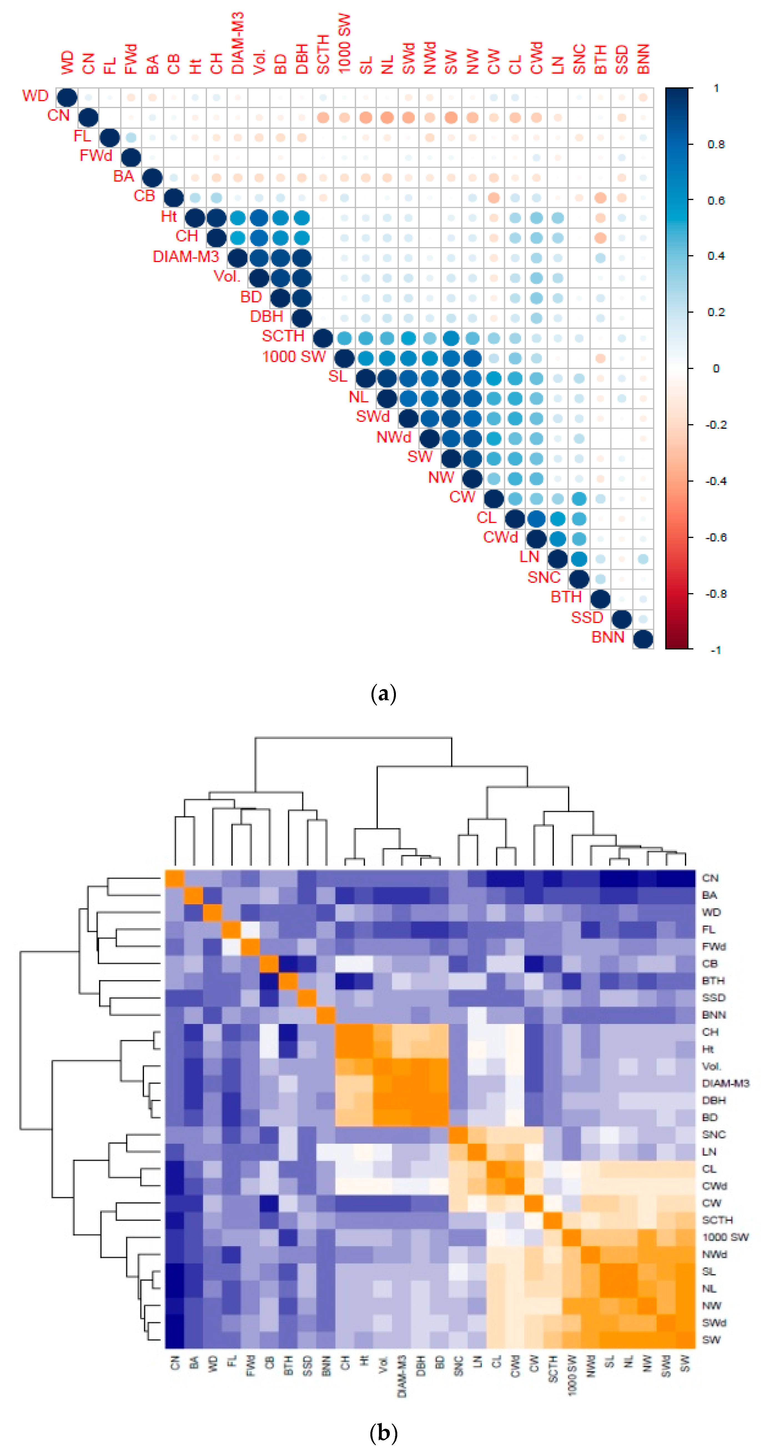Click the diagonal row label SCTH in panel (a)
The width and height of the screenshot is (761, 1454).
pos(283,336)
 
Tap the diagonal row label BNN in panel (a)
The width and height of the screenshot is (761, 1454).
pos(607,637)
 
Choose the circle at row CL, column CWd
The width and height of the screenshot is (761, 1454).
pos(536,519)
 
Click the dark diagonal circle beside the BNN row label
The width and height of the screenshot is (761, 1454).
pos(643,639)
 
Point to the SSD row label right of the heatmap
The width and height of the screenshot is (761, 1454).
pos(713,997)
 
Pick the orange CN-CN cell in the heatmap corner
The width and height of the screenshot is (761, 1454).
pos(174,878)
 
